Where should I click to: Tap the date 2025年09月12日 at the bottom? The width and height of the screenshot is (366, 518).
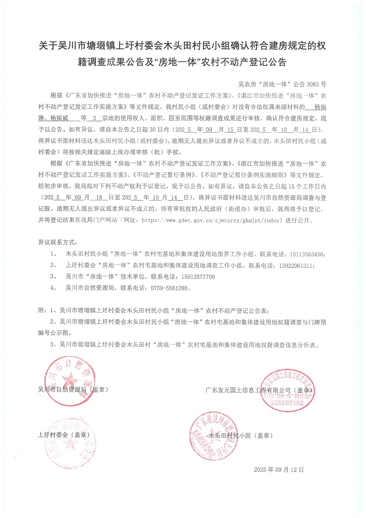[279, 469]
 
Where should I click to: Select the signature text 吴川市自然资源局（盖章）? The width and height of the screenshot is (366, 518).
[73, 390]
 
